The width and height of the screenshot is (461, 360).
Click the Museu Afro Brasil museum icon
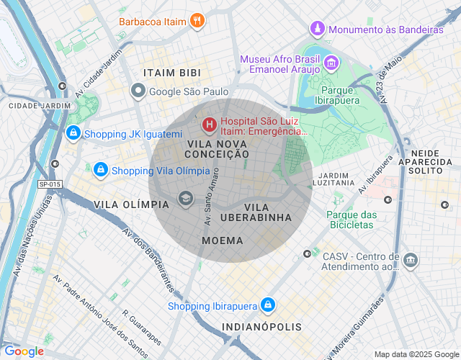330,64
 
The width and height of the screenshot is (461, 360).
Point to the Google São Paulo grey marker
138,91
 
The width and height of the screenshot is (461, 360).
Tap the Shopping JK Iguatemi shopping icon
72,133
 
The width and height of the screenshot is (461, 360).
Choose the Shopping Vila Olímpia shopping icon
100,170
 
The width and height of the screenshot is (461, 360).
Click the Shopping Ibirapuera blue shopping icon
268,305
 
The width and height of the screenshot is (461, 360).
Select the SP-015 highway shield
50,184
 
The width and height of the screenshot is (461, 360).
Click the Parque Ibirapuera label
340,95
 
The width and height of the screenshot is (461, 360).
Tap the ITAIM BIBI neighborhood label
172,73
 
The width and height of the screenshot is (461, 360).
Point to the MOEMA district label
223,240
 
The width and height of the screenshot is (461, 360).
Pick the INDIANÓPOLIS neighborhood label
262,327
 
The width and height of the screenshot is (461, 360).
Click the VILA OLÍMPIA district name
131,204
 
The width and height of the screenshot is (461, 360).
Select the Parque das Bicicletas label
352,220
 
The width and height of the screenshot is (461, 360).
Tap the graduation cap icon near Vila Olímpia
186,198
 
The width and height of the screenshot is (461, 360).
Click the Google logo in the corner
24,351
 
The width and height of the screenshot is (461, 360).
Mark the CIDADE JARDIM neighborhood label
40,105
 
